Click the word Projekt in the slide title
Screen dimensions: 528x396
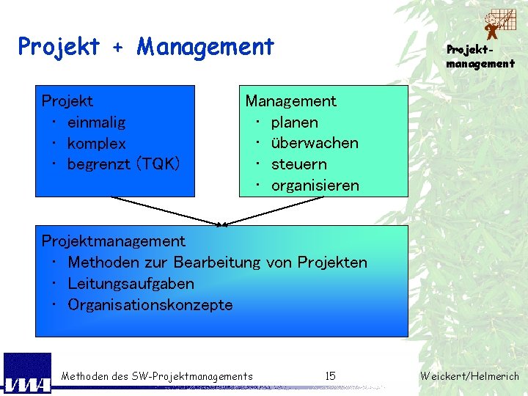[x=59, y=48]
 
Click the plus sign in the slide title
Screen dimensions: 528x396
[x=118, y=48]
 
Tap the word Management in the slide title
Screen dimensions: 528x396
[x=205, y=48]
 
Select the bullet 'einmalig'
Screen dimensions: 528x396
[x=96, y=122]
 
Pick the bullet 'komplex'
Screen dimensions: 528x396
[x=96, y=143]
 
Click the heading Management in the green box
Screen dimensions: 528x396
[x=290, y=101]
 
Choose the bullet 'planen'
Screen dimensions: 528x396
[x=294, y=122]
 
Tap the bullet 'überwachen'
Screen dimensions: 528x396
[x=315, y=143]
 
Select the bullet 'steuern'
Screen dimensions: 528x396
[x=298, y=164]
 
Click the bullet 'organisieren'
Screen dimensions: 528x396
[x=315, y=186]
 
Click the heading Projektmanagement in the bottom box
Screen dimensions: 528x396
[x=114, y=241]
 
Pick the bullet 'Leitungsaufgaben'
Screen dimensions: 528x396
[x=131, y=283]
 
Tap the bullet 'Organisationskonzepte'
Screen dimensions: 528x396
[x=150, y=304]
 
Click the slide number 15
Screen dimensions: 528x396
[x=330, y=376]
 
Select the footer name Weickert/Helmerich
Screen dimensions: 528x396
[x=469, y=376]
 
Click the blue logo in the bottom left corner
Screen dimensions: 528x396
[x=27, y=373]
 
